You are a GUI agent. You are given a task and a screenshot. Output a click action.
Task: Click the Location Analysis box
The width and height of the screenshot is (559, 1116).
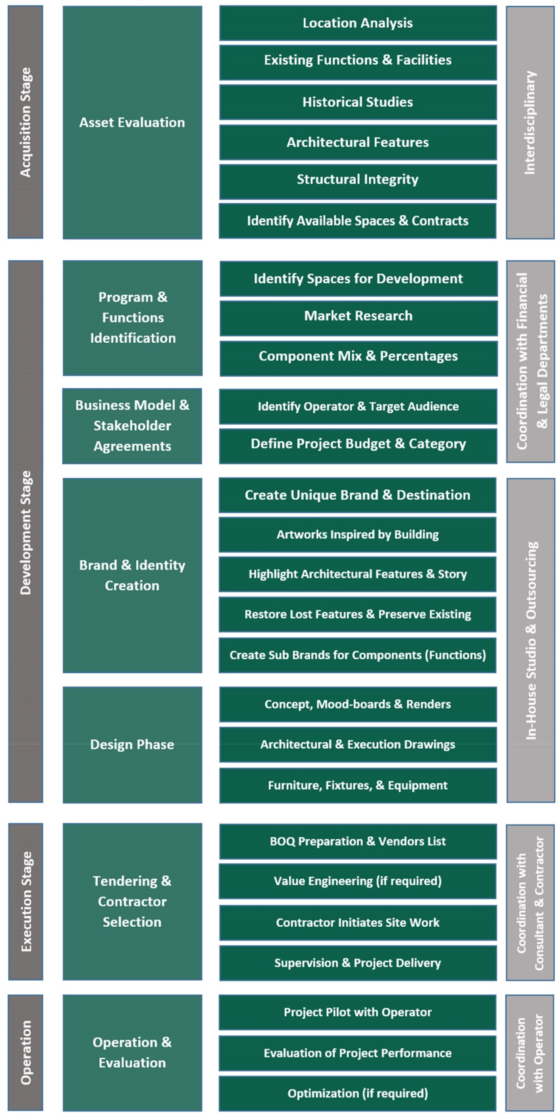point(358,23)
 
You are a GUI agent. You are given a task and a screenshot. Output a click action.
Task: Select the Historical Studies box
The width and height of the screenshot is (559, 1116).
point(358,102)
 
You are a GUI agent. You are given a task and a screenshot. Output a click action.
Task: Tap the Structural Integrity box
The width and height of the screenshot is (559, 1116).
point(358,179)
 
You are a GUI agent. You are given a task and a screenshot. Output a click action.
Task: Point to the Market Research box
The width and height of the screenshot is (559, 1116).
point(359,316)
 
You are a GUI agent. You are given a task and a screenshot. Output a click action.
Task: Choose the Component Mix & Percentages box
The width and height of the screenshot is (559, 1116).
point(359,356)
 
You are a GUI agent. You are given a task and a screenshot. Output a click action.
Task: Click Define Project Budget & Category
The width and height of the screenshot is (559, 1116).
point(358,444)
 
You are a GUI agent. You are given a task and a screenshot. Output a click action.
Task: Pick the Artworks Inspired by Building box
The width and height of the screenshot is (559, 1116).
point(358,535)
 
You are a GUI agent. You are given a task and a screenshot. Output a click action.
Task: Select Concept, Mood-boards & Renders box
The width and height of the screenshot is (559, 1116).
point(358,704)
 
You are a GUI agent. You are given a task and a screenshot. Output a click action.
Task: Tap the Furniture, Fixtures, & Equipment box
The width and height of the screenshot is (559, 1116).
point(358,785)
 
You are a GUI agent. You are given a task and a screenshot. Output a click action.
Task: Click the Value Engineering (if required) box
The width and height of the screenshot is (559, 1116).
point(358,881)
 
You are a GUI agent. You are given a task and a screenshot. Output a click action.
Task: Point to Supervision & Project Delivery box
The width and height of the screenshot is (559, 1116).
point(358,963)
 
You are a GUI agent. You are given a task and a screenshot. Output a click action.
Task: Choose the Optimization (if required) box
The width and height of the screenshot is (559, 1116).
point(358,1093)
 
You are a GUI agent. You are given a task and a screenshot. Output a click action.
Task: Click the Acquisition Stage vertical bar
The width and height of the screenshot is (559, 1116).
point(25,122)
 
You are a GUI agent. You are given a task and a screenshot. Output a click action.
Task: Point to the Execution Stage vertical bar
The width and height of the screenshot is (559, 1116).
point(26,902)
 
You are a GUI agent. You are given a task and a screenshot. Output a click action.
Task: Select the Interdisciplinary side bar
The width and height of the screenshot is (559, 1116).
point(530,122)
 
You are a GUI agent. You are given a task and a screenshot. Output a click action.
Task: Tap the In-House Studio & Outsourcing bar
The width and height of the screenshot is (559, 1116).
point(531,640)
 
